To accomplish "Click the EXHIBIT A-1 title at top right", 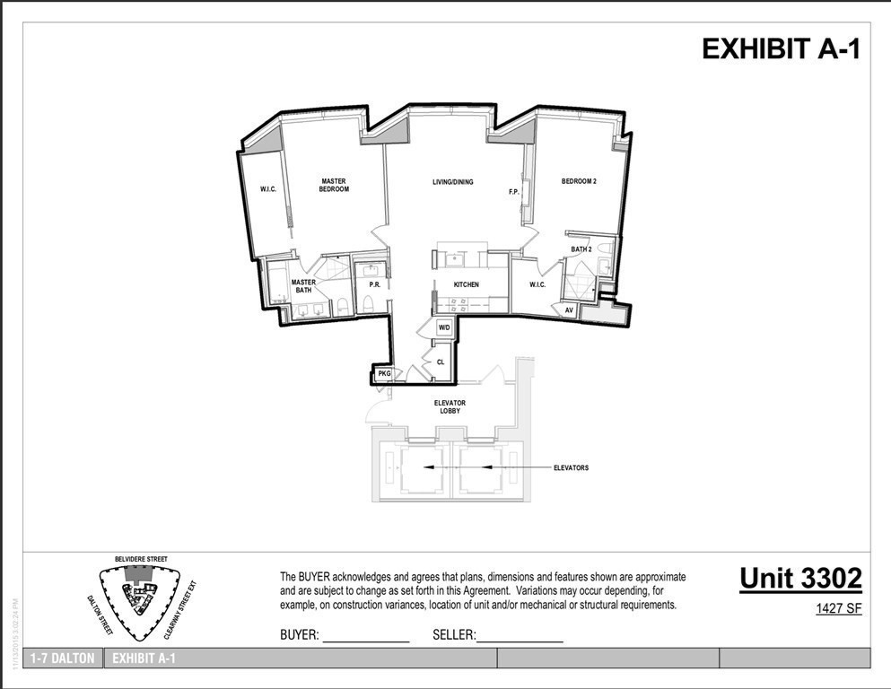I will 781,49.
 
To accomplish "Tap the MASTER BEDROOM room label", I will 334,186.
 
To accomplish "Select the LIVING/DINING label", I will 452,182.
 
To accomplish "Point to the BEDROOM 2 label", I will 579,182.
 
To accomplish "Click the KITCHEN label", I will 466,285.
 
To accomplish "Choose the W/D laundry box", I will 444,328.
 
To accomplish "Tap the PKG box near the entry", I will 384,373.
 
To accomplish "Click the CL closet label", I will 440,362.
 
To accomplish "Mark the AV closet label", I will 569,310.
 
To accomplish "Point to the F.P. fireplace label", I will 514,192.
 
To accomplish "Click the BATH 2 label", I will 581,249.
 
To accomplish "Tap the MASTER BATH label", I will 302,286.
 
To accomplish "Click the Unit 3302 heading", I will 800,579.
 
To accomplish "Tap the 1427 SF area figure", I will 838,609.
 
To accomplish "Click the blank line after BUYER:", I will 365,636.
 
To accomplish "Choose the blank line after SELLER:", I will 520,636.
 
